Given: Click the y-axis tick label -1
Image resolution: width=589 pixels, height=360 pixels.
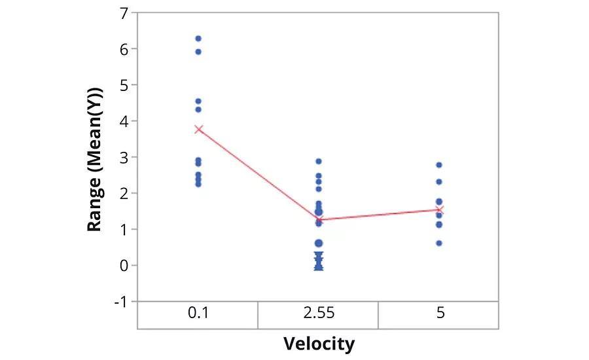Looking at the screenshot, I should tap(122, 301).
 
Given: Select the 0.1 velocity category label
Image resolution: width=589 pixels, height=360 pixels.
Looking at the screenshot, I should tap(198, 314).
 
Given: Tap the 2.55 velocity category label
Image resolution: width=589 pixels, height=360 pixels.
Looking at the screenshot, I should tap(319, 314).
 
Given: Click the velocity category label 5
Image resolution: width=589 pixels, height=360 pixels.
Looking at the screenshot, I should tap(440, 314).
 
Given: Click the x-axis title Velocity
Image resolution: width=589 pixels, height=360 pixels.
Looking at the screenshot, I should tap(319, 343).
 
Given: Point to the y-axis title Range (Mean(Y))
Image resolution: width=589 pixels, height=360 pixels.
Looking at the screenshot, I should tap(96, 157).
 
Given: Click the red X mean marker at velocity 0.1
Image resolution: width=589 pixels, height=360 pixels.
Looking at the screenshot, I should tap(198, 129).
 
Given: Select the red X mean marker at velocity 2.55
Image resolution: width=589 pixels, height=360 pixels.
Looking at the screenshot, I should tap(319, 219).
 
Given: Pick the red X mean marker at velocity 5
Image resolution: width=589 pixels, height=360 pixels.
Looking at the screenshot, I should tap(440, 210).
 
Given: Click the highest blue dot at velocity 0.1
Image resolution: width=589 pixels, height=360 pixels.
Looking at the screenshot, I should tap(198, 39).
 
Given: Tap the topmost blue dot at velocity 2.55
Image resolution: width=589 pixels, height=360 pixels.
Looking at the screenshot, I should tap(319, 161).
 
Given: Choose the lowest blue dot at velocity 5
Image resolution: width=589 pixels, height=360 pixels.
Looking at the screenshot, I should tap(439, 243).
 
